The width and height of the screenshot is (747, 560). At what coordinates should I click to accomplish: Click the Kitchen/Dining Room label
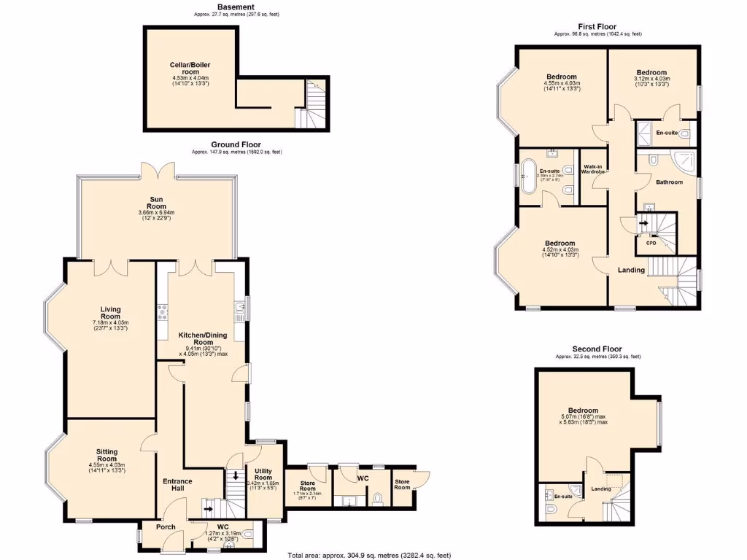pyautogui.click(x=203, y=338)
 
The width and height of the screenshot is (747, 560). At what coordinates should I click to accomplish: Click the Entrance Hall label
pyautogui.click(x=177, y=486)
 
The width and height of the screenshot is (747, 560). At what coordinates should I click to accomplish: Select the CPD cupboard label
pyautogui.click(x=651, y=243)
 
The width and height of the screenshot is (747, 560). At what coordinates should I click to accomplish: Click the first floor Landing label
pyautogui.click(x=631, y=271)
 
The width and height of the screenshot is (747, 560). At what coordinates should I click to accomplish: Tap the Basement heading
pyautogui.click(x=236, y=7)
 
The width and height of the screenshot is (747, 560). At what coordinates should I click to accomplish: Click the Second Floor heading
pyautogui.click(x=597, y=349)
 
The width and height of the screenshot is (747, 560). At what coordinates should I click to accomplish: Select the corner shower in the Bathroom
pyautogui.click(x=685, y=161)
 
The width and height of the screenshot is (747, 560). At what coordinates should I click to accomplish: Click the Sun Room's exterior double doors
pyautogui.click(x=158, y=169)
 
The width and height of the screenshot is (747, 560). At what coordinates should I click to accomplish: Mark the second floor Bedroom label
pyautogui.click(x=583, y=411)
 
